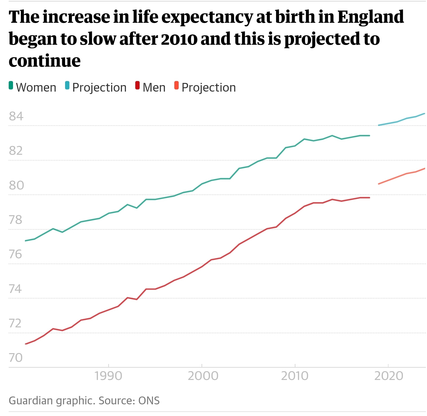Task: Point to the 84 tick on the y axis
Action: (16, 116)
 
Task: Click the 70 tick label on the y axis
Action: (16, 358)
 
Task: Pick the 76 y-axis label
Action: (15, 254)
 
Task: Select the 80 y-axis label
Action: (16, 185)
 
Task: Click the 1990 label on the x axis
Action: (108, 376)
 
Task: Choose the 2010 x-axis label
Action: (295, 376)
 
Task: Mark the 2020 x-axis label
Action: (389, 376)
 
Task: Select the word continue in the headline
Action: (45, 61)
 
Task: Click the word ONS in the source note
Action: (149, 401)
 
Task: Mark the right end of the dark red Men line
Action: (369, 198)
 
